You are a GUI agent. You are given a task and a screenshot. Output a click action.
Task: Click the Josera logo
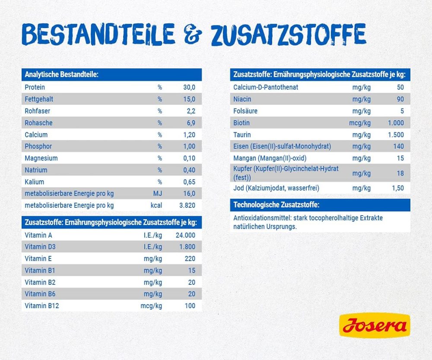coord(375,325)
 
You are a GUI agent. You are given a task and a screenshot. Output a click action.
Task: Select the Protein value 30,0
coord(189,87)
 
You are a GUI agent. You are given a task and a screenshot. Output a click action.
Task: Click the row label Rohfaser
coord(38,111)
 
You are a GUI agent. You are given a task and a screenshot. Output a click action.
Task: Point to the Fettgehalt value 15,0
coord(189,99)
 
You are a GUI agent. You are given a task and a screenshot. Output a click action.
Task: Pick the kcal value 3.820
coord(187,205)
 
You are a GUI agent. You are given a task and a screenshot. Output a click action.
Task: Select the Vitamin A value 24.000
coord(185,236)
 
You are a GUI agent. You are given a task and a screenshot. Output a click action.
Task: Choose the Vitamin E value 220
coord(190,259)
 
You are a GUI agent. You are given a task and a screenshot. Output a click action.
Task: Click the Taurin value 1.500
coord(396,135)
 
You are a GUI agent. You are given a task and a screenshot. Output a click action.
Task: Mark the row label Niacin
coord(242,99)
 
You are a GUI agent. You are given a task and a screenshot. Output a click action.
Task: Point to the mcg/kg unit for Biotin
coord(360,123)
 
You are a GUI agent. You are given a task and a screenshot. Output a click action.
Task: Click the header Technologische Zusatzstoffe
coord(277,205)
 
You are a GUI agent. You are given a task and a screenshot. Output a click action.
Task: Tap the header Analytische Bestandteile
coord(62,75)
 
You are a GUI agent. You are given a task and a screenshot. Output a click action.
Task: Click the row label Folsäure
coord(245,111)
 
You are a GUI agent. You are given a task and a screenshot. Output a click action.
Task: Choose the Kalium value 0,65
coord(188,182)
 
